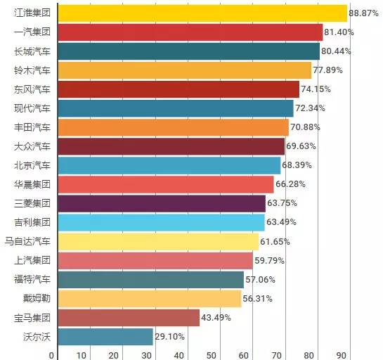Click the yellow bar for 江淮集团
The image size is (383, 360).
[202, 13]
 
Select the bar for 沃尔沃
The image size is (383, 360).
[105, 337]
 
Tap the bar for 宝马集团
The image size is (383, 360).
[129, 318]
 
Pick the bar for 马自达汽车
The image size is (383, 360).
[158, 242]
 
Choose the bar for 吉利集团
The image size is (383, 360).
[161, 223]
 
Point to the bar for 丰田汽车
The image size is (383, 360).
[173, 127]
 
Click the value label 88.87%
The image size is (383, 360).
[365, 13]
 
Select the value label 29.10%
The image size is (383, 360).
[171, 337]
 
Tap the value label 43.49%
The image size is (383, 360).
[218, 318]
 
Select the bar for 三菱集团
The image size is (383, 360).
[162, 204]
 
